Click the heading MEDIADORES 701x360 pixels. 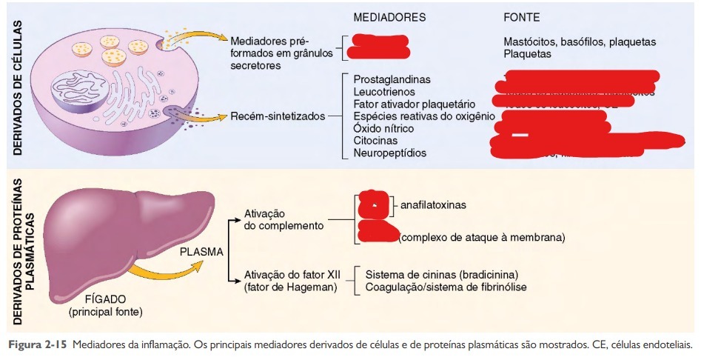coord(389,16)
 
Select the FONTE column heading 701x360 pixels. coord(521,16)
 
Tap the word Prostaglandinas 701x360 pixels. coord(392,79)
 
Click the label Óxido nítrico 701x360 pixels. coord(383,128)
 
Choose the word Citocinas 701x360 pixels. coord(375,140)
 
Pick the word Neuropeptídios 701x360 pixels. coord(390,153)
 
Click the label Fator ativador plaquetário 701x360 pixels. coord(414,104)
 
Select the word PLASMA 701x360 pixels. coord(202,251)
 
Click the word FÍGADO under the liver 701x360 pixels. coord(105,300)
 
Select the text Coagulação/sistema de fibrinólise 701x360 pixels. coord(446,287)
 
